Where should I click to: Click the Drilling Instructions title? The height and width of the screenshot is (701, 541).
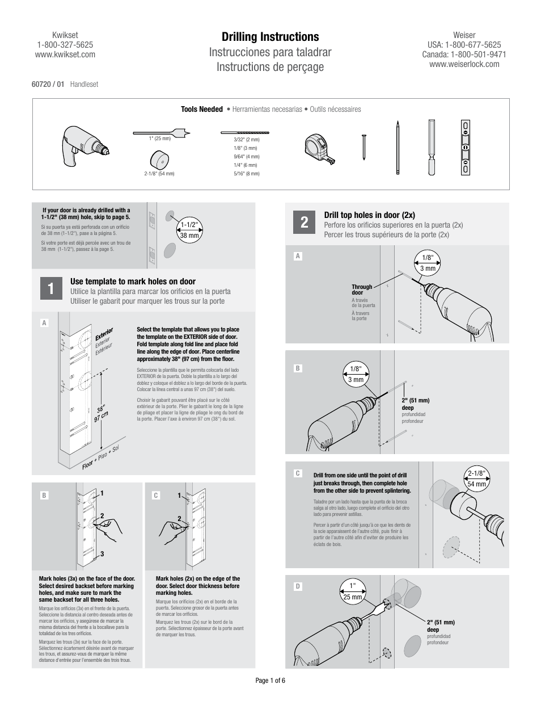point(270,37)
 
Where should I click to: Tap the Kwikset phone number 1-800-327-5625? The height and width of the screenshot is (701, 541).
point(65,45)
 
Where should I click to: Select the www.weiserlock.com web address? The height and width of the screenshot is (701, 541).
point(464,64)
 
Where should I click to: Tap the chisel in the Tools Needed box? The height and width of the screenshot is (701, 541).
point(432,148)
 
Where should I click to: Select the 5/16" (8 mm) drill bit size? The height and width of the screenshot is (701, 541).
point(246,174)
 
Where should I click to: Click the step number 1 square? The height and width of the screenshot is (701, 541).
point(51,288)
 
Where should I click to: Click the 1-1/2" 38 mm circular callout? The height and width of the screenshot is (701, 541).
point(190,230)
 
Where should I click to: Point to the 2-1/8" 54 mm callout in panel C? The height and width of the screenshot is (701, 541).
point(477,478)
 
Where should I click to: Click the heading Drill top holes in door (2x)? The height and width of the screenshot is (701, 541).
point(369,215)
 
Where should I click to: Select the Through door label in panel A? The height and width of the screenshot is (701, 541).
point(362,290)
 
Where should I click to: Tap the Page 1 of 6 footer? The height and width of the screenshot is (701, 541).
point(270,681)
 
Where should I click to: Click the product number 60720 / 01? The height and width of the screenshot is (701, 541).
point(48,84)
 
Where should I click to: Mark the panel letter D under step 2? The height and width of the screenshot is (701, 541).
point(298,586)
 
